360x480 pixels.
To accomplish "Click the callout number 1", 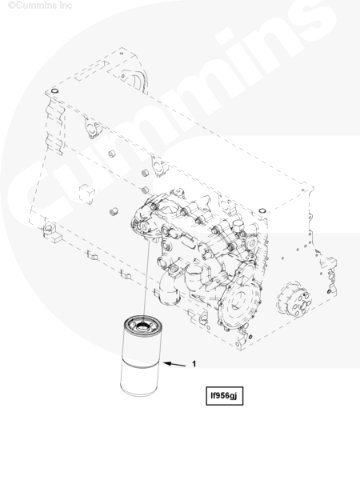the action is pos(194,364).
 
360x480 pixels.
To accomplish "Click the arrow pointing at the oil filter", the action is pos(174,364).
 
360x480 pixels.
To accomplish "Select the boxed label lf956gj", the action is pos(224,396).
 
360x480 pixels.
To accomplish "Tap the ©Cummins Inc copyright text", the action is pos(40,6).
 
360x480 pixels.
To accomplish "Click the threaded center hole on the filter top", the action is pos(142,325).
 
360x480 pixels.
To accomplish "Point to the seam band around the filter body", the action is pos(140,365).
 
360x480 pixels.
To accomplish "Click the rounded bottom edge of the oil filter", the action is pos(138,393).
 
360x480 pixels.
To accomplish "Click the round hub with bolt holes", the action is pos(294,299).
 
